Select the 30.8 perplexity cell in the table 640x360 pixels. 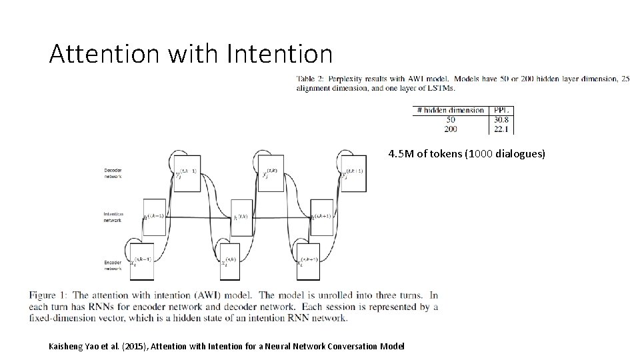pyautogui.click(x=501, y=119)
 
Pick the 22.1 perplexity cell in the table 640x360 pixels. pyautogui.click(x=501, y=129)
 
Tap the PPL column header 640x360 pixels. pyautogui.click(x=501, y=110)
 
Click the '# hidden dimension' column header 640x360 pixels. pyautogui.click(x=451, y=110)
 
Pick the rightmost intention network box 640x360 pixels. pyautogui.click(x=321, y=217)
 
